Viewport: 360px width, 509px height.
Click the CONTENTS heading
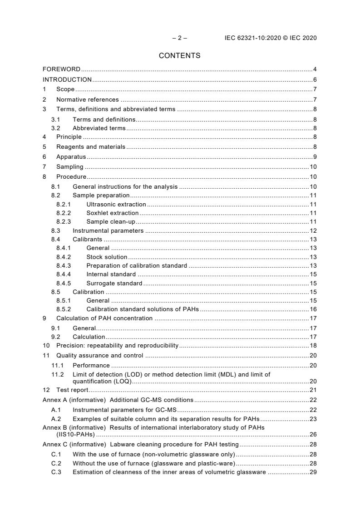coord(179,56)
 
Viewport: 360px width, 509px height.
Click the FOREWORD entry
coord(61,69)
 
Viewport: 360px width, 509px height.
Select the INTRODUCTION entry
coord(67,79)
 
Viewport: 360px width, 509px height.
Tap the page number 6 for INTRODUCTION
coord(315,79)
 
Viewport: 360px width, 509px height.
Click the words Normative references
coord(88,99)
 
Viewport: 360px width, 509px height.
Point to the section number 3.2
coord(55,128)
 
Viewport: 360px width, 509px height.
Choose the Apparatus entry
coord(71,157)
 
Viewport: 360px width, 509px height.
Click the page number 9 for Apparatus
coord(315,157)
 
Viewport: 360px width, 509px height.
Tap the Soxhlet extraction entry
coord(113,213)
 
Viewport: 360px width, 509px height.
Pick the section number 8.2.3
coord(64,221)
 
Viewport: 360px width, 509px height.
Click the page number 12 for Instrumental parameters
coord(313,230)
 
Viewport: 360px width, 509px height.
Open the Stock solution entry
coord(107,257)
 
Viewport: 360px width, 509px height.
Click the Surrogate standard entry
coord(114,283)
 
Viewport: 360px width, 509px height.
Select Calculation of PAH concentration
coord(104,318)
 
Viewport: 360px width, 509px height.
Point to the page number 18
coord(313,345)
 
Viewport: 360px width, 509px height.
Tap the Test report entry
coord(72,390)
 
